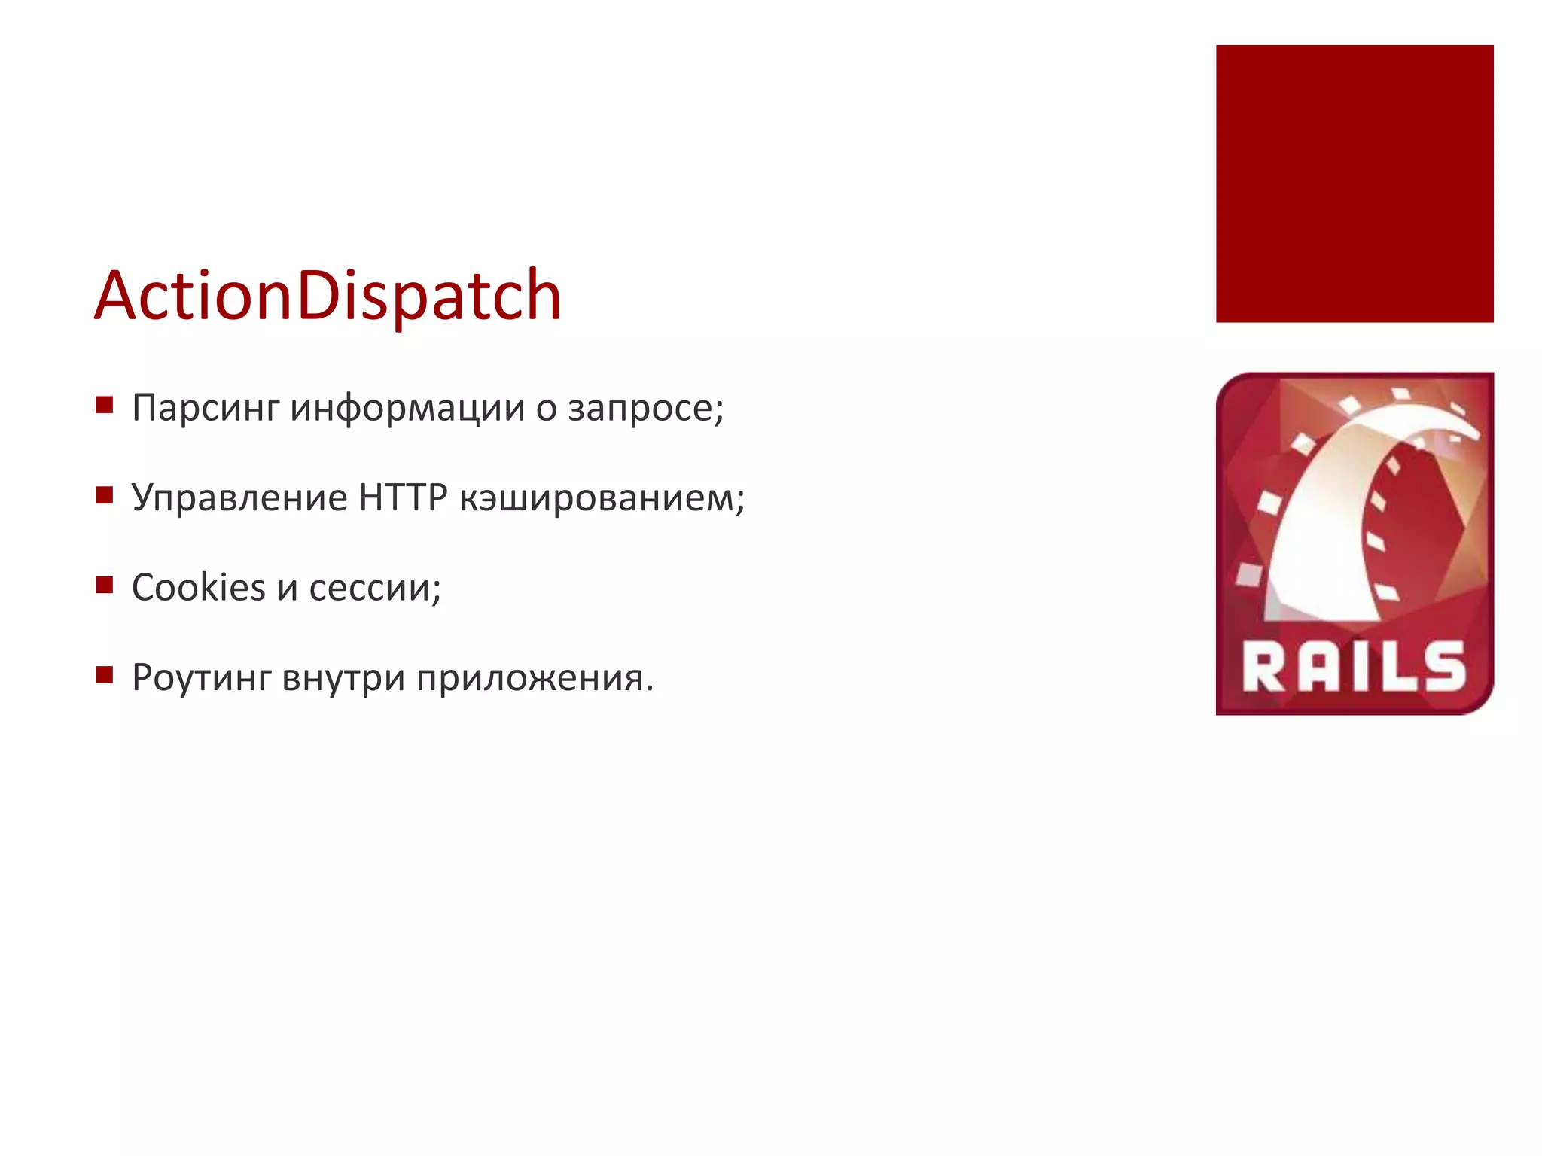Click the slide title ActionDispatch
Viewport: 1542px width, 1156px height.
pyautogui.click(x=328, y=296)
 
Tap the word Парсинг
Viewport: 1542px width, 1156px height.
pyautogui.click(x=206, y=409)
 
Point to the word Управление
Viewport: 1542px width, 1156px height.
pyautogui.click(x=239, y=498)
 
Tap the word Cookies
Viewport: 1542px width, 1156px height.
pyautogui.click(x=199, y=588)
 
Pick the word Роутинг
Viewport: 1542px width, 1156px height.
pyautogui.click(x=201, y=678)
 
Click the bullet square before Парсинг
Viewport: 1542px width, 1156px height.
pyautogui.click(x=105, y=406)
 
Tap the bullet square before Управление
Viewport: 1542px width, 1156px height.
pyautogui.click(x=105, y=495)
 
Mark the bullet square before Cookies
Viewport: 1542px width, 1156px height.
pyautogui.click(x=105, y=585)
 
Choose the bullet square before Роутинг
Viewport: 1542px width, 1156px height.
pyautogui.click(x=105, y=674)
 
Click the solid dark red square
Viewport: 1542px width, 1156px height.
pyautogui.click(x=1354, y=184)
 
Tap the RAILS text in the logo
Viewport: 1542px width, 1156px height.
pyautogui.click(x=1354, y=667)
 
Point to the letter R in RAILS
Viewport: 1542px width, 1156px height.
pyautogui.click(x=1264, y=667)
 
